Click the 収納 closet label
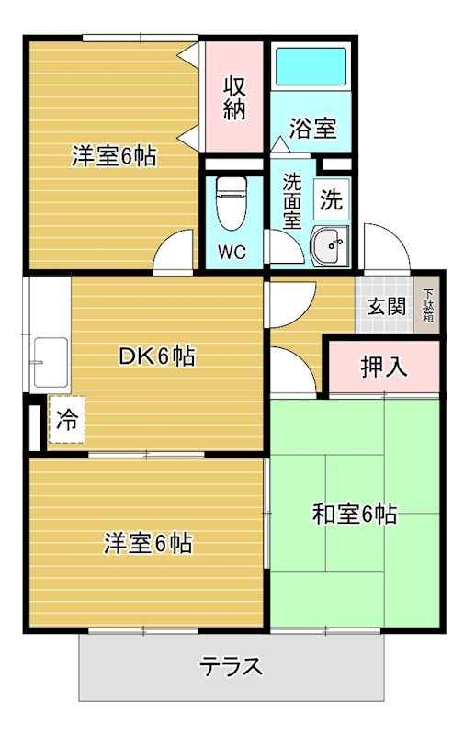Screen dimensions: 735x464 coord(234,97)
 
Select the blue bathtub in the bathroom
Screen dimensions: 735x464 coord(311,67)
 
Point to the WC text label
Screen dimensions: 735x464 coord(232,253)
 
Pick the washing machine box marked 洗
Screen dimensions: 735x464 coord(332,197)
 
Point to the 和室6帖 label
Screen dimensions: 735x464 coord(355,514)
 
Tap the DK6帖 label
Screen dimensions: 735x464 coord(156,356)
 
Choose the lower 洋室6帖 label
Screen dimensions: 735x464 coord(147,543)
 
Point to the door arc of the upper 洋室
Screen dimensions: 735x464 coord(175,251)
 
